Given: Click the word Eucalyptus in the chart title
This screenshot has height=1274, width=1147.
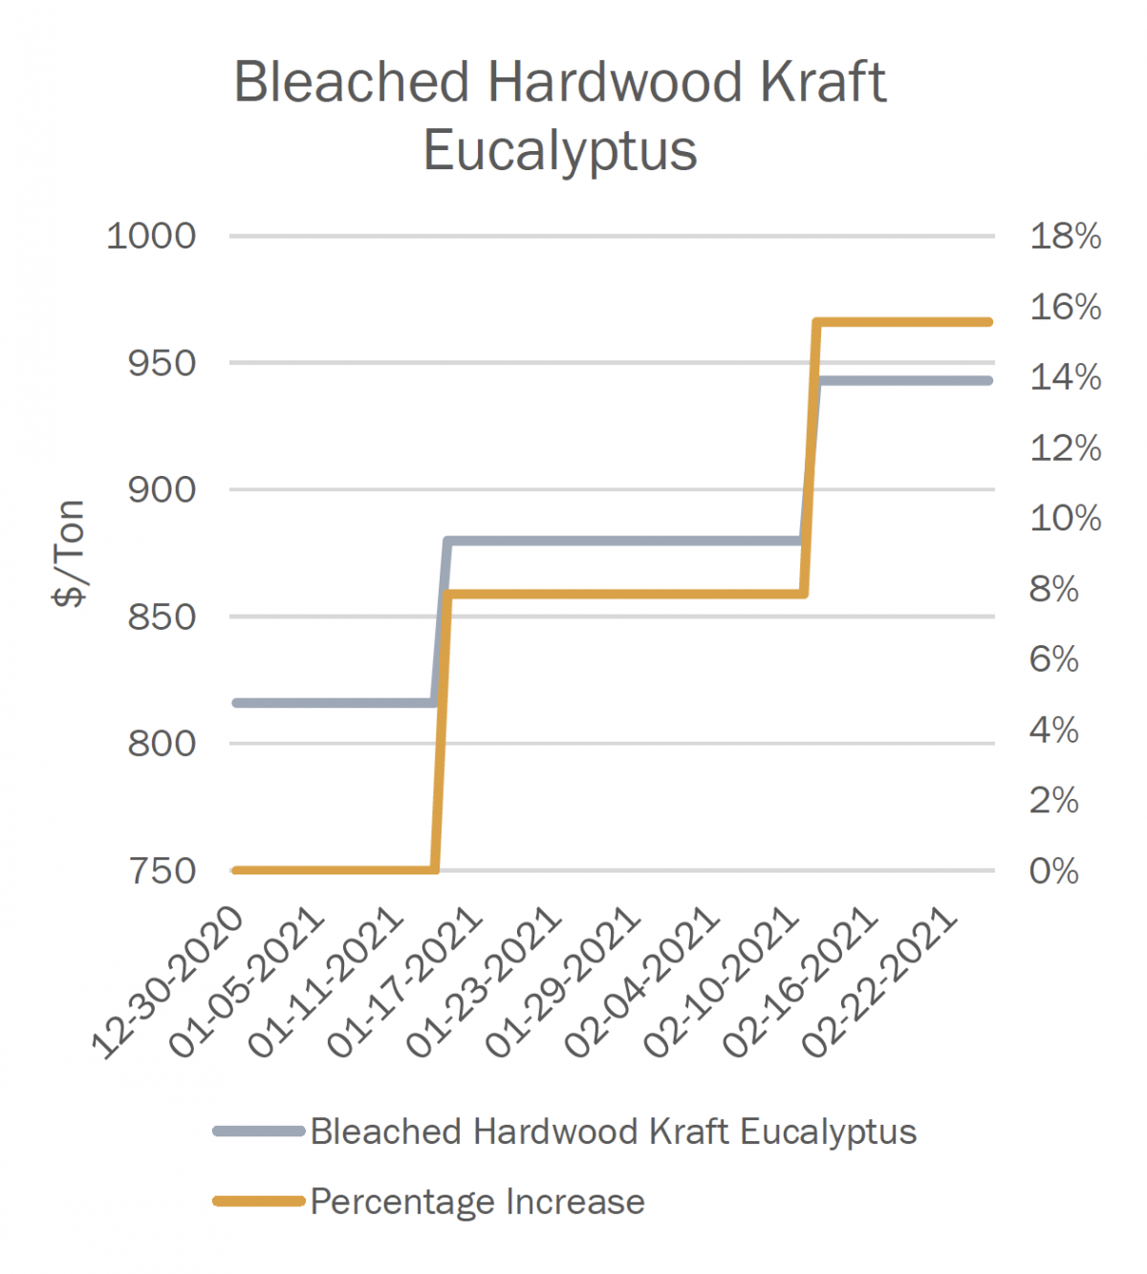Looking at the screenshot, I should pos(560,151).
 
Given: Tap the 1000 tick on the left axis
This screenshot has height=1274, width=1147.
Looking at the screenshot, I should pos(151,236).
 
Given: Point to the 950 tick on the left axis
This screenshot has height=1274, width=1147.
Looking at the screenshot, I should pos(162,363).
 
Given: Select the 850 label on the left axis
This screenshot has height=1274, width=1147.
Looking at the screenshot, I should pos(162,616).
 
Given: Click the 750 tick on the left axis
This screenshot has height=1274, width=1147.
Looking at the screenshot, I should pos(162,871).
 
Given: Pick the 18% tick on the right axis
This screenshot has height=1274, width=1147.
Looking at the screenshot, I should pos(1065,236).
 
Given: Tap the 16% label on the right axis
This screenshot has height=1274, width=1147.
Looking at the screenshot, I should pos(1065,307).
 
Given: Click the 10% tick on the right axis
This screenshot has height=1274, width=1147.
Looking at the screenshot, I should pos(1065,518).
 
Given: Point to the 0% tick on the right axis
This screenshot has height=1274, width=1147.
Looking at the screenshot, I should pos(1053,871).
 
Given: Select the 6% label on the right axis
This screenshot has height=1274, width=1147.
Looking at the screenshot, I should pos(1053,659).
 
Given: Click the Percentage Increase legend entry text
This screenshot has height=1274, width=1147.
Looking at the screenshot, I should pos(477,1201).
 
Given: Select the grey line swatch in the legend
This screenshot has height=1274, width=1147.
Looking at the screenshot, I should pos(259,1132).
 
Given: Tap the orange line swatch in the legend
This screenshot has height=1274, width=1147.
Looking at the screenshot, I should pos(259,1201).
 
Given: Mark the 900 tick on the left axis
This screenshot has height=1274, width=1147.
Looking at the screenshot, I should pos(162,490).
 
